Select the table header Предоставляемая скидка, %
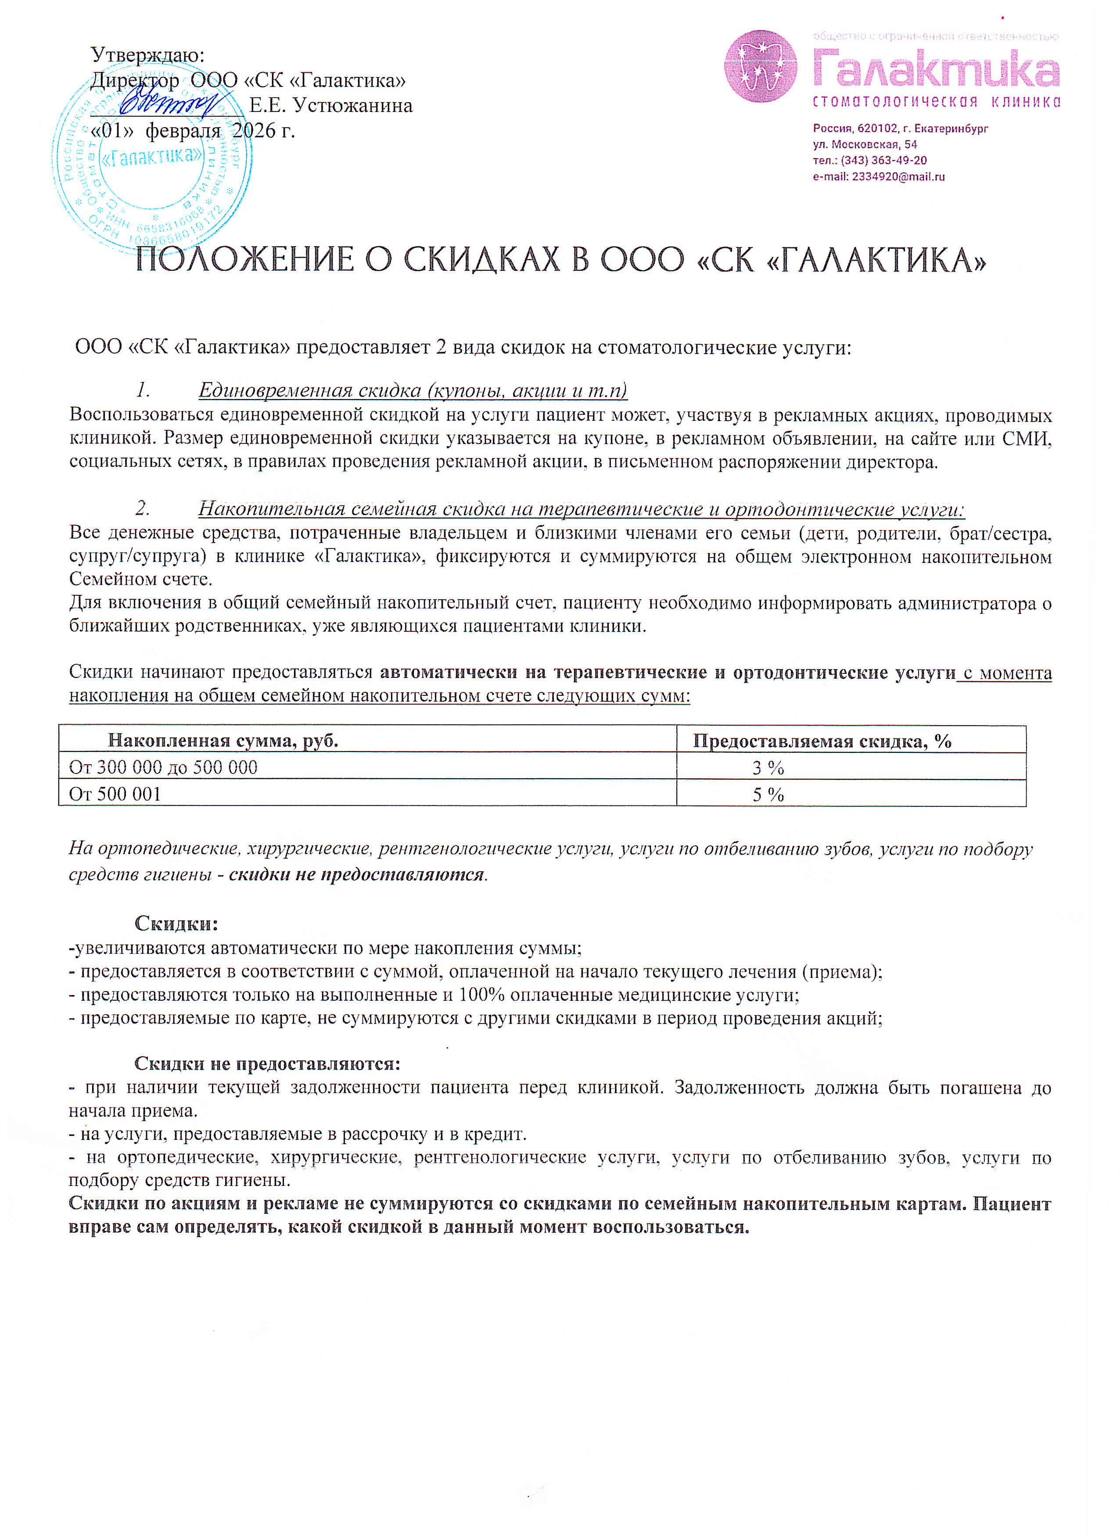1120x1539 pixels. click(822, 741)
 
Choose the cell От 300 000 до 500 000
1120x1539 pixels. click(164, 767)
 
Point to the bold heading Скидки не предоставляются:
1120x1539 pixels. click(267, 1063)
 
